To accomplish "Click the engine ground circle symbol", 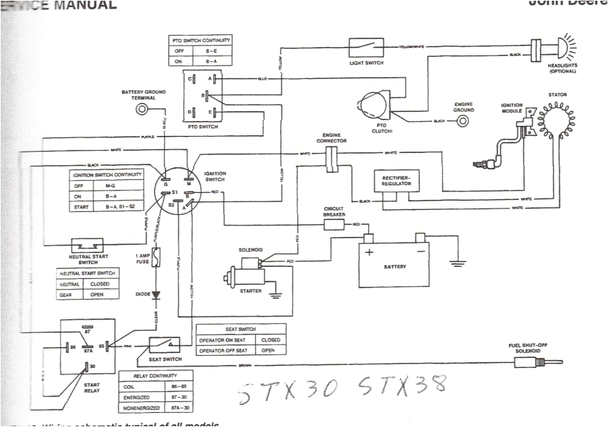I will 464,120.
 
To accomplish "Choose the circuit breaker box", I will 334,225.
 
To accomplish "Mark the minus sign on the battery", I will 420,251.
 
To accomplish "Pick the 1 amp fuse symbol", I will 157,258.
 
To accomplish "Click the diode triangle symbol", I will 157,292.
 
